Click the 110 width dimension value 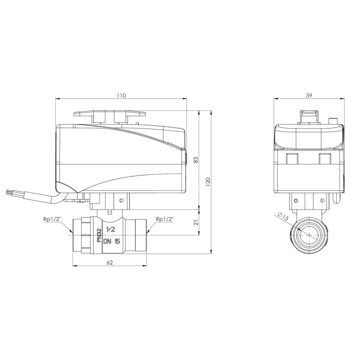point(121,95)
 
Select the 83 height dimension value point(196,160)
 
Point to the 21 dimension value point(196,222)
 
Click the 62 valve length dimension point(110,263)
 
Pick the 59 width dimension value point(309,95)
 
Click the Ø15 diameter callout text point(283,216)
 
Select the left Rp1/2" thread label point(51,219)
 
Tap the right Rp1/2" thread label point(164,219)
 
